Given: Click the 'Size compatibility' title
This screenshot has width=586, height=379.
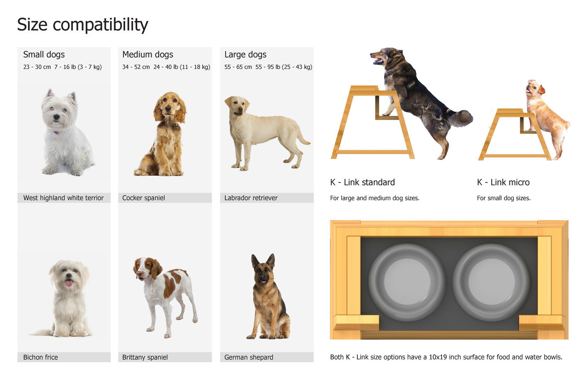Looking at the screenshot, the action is (83, 25).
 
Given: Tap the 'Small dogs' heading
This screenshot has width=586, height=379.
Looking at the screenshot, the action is (44, 55).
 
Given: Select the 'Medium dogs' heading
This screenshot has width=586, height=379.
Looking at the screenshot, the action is (147, 55).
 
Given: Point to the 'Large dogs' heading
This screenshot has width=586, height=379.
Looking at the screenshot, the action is (245, 55).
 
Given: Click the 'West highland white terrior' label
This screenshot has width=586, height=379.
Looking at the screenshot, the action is (63, 198).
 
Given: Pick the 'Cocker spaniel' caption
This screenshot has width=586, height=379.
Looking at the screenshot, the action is (143, 198).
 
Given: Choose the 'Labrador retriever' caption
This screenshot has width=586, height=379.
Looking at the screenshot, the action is (251, 198).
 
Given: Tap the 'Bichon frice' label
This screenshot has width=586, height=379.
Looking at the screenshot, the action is (41, 357).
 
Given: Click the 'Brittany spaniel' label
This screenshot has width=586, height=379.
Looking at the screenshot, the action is (145, 357).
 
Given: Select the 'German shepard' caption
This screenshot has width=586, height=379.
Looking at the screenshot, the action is (249, 357).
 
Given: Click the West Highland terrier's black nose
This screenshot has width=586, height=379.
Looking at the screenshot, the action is (56, 117).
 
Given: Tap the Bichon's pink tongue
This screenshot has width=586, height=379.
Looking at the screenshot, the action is (69, 283).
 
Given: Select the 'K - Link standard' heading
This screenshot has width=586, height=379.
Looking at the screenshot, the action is (362, 182).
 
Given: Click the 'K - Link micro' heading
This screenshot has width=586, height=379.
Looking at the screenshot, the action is (503, 182).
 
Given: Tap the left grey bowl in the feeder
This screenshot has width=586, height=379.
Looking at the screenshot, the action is (407, 282).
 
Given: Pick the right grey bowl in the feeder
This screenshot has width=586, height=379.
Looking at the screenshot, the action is (491, 282).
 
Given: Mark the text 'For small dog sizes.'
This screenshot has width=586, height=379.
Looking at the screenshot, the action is (504, 198).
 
